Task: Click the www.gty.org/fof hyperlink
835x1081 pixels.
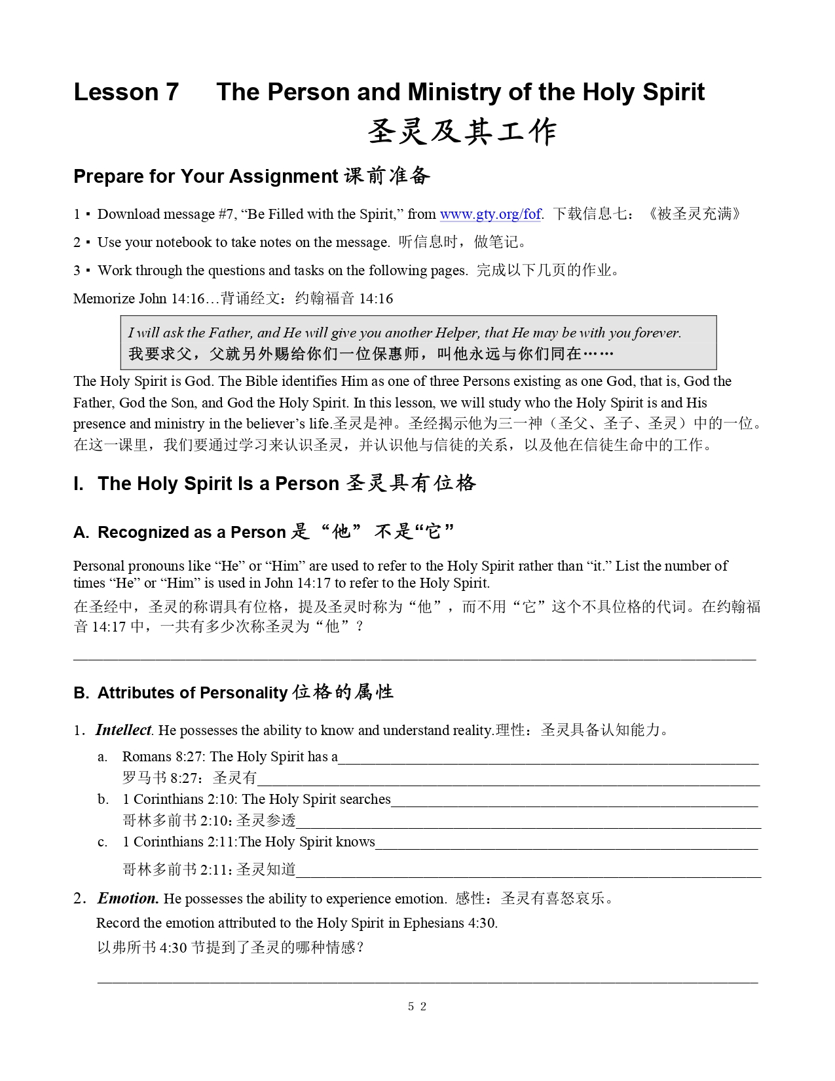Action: point(490,214)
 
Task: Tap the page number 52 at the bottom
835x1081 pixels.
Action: point(417,1006)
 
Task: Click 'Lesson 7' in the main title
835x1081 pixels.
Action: point(126,92)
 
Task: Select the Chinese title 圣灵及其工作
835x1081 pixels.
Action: point(462,132)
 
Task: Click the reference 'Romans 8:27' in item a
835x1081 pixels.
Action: point(163,757)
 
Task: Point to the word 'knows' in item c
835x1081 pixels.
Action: point(355,842)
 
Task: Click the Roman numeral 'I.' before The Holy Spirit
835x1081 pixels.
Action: point(79,484)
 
